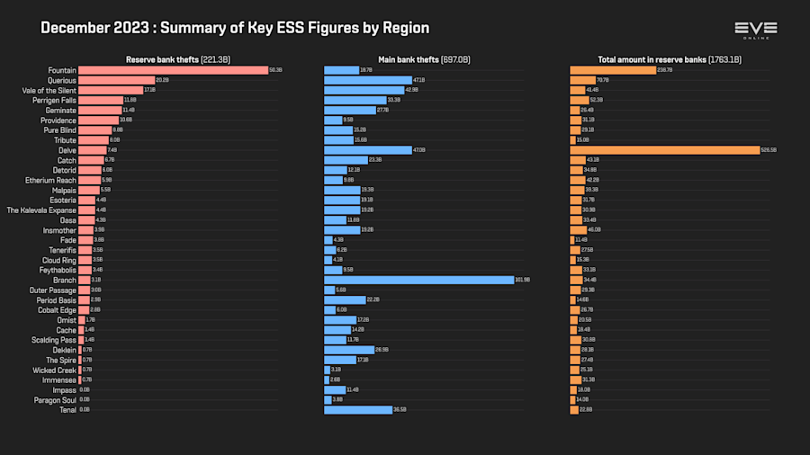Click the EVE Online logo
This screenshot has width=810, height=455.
755,30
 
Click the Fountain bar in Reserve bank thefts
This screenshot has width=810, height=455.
174,70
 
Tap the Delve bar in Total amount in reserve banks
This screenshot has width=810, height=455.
664,150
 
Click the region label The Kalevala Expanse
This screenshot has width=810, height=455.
41,210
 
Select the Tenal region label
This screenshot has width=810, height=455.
67,409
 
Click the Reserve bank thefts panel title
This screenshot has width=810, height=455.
178,59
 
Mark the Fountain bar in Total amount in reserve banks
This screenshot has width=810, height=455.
613,70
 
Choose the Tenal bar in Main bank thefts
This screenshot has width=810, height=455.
358,409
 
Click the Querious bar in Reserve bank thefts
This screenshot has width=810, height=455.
116,80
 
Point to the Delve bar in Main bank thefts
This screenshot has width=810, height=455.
367,150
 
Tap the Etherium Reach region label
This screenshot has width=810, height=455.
50,180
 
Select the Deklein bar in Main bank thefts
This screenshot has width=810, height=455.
349,350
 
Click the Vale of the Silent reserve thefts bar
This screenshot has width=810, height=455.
110,90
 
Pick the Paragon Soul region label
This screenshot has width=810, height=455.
55,399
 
